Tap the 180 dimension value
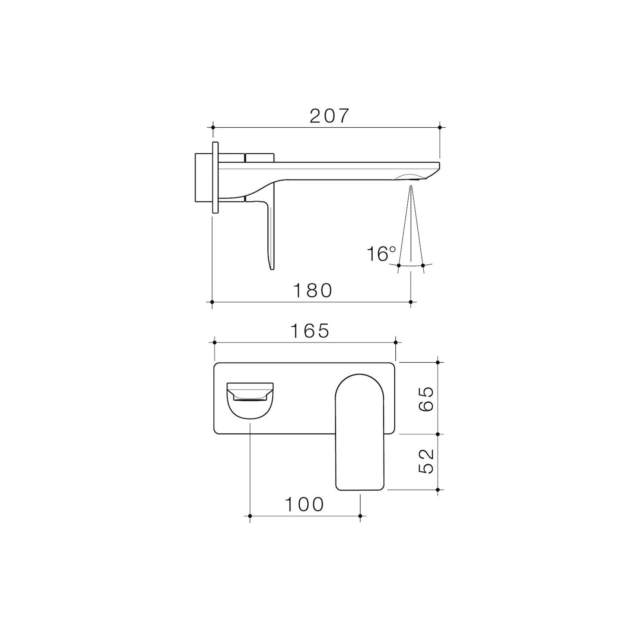pos(313,290)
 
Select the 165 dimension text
pos(310,331)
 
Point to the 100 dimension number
pos(304,505)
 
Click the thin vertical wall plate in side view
pos(215,177)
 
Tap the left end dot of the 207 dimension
pos(213,127)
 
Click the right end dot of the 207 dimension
pos(440,127)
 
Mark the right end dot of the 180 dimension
pos(411,302)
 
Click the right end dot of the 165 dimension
pos(395,342)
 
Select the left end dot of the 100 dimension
pos(250,516)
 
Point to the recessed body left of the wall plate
pos(203,177)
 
